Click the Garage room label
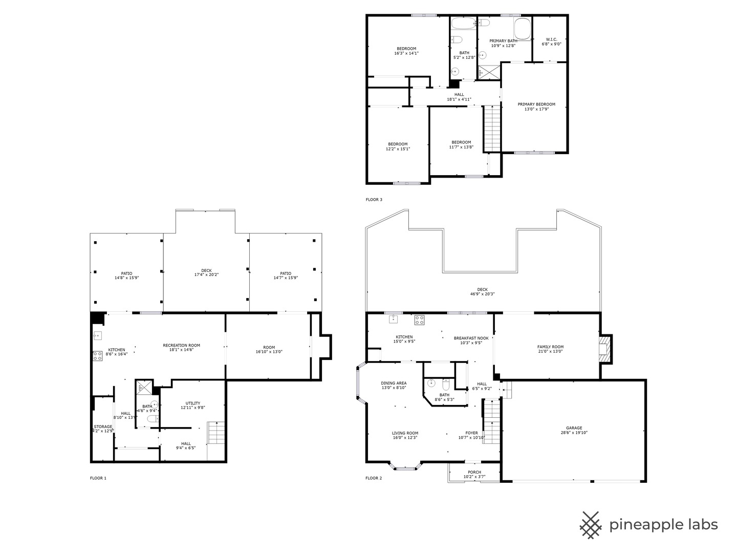pyautogui.click(x=574, y=428)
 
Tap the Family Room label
pyautogui.click(x=550, y=347)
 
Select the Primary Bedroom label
pyautogui.click(x=536, y=104)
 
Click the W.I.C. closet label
pyautogui.click(x=551, y=39)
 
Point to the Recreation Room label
pyautogui.click(x=181, y=345)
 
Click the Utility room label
pyautogui.click(x=192, y=403)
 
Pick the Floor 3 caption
pyautogui.click(x=374, y=200)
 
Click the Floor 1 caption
pyautogui.click(x=98, y=478)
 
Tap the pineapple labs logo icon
pyautogui.click(x=591, y=525)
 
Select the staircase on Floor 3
pyautogui.click(x=491, y=129)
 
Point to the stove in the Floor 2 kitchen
pyautogui.click(x=419, y=320)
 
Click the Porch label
pyautogui.click(x=474, y=472)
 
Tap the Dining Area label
pyautogui.click(x=394, y=383)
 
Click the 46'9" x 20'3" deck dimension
pyautogui.click(x=482, y=294)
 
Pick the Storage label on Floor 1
pyautogui.click(x=103, y=427)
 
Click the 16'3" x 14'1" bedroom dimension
pyautogui.click(x=406, y=53)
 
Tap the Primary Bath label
pyautogui.click(x=503, y=41)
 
